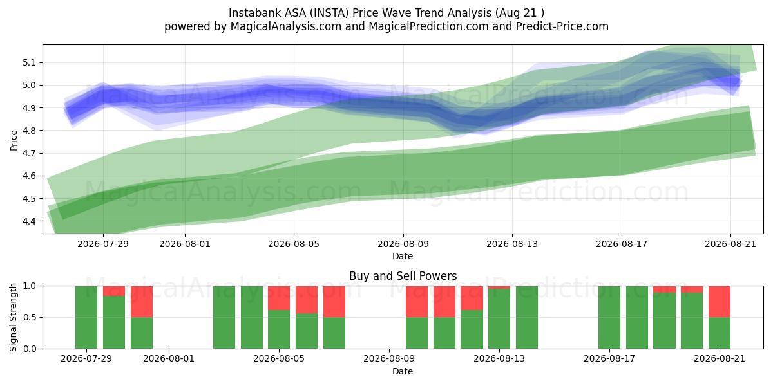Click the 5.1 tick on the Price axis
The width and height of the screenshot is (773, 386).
click(29, 63)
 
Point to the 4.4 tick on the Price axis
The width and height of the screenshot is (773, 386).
click(29, 221)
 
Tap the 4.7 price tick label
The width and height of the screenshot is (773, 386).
click(29, 153)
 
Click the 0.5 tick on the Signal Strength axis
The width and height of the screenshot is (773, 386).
click(29, 317)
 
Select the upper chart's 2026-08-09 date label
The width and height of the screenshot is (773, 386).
click(403, 244)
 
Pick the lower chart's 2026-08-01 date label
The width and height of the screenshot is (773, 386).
click(169, 359)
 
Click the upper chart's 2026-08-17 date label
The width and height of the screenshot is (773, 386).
click(622, 244)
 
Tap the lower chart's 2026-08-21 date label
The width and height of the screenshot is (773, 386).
click(720, 359)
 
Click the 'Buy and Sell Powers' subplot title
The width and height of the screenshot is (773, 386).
click(403, 276)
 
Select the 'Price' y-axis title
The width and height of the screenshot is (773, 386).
click(14, 141)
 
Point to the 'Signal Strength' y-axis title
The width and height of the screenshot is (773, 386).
click(14, 317)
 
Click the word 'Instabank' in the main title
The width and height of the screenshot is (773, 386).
click(254, 13)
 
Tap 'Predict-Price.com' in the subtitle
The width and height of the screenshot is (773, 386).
click(562, 26)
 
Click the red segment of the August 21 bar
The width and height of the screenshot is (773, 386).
click(720, 302)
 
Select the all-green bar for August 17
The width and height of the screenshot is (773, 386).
click(609, 317)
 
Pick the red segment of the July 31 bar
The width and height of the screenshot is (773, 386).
click(142, 302)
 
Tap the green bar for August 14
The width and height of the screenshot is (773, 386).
click(527, 317)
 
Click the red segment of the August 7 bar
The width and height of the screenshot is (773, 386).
click(334, 302)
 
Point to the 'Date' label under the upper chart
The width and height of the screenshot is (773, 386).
click(403, 257)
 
